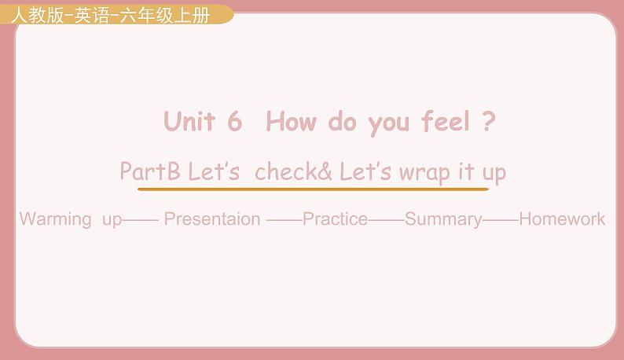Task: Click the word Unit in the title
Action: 189,122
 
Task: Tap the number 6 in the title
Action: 234,122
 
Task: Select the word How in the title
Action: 291,122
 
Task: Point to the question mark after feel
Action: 489,122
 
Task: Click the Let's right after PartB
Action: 214,171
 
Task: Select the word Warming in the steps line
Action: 55,219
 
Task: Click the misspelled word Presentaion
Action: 211,219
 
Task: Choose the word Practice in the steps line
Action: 335,219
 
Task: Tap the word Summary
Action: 443,219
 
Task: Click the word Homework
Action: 562,219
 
